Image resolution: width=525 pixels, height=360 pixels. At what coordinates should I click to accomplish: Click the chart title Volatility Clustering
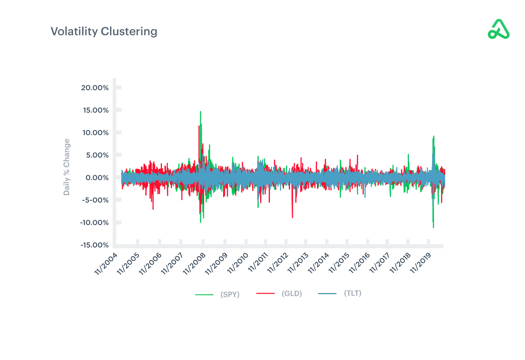click(104, 31)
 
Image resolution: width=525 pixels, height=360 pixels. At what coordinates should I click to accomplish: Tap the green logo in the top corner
click(498, 29)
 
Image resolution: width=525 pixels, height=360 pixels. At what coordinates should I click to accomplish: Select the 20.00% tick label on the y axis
click(95, 88)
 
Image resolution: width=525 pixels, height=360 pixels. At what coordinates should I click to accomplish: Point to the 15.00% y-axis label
click(96, 110)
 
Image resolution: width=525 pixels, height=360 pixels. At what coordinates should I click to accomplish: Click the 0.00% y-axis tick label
click(97, 178)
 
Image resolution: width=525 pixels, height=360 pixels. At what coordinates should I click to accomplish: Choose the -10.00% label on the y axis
click(94, 222)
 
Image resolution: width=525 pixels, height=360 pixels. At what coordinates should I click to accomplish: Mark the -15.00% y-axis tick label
click(95, 245)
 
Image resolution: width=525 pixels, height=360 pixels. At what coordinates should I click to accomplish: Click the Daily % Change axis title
click(67, 167)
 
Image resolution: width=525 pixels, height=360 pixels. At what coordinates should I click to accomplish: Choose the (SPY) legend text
click(230, 294)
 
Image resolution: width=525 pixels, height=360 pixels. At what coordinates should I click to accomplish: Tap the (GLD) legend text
click(292, 293)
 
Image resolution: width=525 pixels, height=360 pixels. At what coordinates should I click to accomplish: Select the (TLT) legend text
click(353, 293)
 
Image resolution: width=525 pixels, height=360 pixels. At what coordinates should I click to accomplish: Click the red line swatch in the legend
click(265, 293)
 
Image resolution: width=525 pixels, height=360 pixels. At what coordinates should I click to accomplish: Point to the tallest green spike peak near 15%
click(201, 111)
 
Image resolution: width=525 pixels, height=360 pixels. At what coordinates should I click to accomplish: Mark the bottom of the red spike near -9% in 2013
click(292, 217)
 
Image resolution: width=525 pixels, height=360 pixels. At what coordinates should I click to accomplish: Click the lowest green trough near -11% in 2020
click(433, 227)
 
